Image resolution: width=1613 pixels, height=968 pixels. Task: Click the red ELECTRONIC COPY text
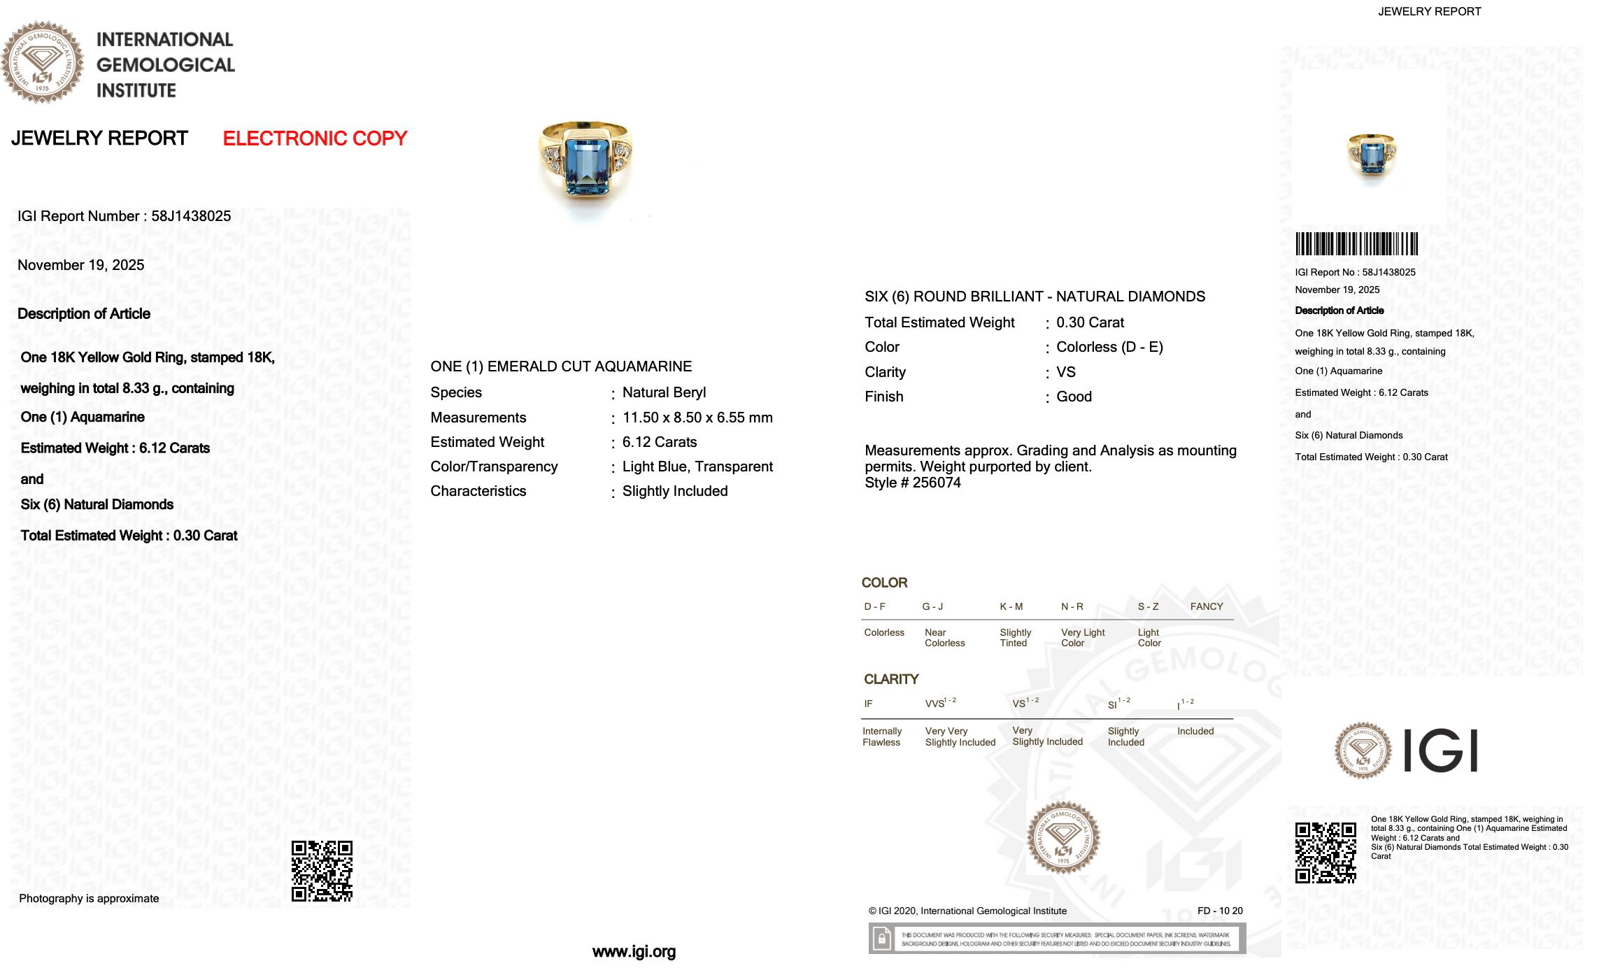tap(315, 138)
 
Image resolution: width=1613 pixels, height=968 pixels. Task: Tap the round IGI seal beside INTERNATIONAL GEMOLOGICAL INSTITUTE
tap(42, 62)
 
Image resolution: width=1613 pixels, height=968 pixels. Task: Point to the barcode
tap(1356, 244)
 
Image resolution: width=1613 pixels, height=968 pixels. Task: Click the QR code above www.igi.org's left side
tap(322, 871)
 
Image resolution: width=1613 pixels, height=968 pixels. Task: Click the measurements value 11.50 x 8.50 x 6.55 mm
tap(697, 418)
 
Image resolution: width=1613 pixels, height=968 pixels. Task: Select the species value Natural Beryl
tap(664, 392)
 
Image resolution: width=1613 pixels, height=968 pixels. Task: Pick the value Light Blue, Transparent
tap(697, 467)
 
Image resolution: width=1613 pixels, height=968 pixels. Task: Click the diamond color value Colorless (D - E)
tap(1109, 347)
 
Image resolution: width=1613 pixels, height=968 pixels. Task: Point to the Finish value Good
tap(1074, 397)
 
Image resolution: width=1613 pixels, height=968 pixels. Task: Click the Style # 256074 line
tap(913, 483)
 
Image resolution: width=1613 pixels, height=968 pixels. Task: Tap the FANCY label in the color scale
tap(1207, 606)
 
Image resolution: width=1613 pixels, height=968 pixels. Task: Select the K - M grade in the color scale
tap(1011, 606)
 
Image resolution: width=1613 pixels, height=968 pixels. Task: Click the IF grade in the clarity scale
tap(868, 704)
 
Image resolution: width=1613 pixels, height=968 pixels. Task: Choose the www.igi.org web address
tap(634, 951)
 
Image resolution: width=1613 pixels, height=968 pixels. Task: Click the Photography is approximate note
tap(89, 899)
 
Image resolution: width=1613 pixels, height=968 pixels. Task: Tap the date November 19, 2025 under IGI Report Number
tap(81, 265)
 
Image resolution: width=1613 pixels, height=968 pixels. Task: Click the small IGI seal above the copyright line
tap(1063, 837)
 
